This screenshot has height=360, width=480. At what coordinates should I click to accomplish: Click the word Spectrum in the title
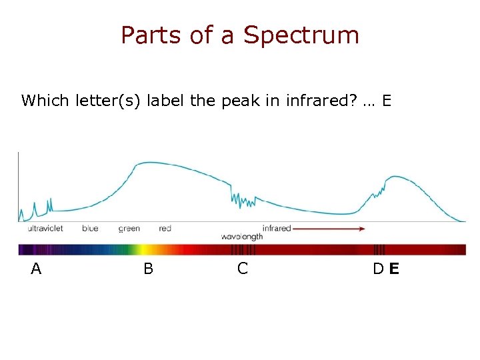(x=301, y=35)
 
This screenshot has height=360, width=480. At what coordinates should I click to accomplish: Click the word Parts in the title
(x=151, y=35)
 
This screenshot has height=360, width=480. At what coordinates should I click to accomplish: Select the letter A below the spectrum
(x=36, y=269)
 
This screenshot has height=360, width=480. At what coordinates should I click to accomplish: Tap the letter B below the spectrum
(x=148, y=269)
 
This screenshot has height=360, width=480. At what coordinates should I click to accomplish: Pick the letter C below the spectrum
(x=243, y=269)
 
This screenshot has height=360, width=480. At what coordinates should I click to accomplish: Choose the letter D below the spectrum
(x=378, y=269)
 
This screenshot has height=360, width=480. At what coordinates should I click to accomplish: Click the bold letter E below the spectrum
(x=394, y=269)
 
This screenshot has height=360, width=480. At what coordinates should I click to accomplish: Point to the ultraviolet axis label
(x=45, y=229)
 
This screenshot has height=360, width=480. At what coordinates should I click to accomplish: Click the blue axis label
(x=90, y=229)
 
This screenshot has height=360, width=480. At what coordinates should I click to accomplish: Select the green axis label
(x=129, y=229)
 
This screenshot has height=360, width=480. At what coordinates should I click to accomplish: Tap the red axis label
(x=165, y=229)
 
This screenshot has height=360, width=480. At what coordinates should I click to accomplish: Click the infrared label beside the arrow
(x=277, y=229)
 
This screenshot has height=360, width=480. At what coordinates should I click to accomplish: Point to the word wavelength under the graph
(x=241, y=237)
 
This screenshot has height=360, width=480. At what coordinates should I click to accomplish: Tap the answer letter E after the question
(x=387, y=101)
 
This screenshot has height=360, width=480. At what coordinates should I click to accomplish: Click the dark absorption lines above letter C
(x=243, y=250)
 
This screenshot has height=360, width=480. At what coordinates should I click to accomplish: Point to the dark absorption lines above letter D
(x=379, y=250)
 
